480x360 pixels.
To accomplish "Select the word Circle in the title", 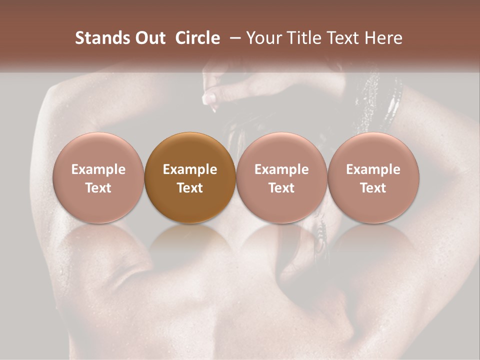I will pyautogui.click(x=197, y=38).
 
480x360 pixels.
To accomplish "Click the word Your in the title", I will pyautogui.click(x=263, y=38).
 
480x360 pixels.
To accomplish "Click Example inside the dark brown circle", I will pyautogui.click(x=190, y=169).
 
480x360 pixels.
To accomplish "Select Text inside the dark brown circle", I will pyautogui.click(x=190, y=188).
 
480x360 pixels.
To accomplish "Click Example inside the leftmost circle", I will pyautogui.click(x=98, y=169).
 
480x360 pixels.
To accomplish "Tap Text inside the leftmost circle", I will pyautogui.click(x=98, y=188).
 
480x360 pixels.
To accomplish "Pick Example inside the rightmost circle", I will pyautogui.click(x=373, y=169).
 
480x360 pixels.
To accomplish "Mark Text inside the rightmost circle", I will pyautogui.click(x=373, y=188).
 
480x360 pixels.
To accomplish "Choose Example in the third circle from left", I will pyautogui.click(x=281, y=169).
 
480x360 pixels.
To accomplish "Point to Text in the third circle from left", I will pyautogui.click(x=281, y=188).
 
